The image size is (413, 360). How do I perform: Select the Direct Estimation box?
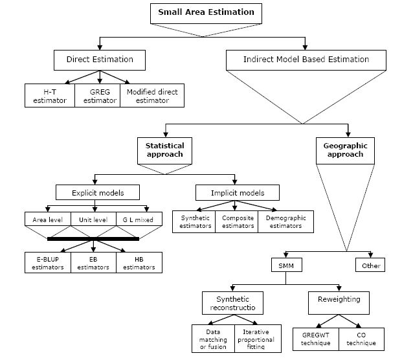pos(100,60)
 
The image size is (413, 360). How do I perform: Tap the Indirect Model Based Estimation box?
pos(306,60)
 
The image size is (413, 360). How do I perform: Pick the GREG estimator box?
pos(96,96)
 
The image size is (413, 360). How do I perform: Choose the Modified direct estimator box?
pos(152,96)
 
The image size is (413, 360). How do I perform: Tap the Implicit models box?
pos(238,192)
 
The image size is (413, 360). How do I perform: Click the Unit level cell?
pos(93,220)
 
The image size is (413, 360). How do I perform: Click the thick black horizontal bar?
pos(93,238)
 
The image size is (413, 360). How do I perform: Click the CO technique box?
pos(362,338)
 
